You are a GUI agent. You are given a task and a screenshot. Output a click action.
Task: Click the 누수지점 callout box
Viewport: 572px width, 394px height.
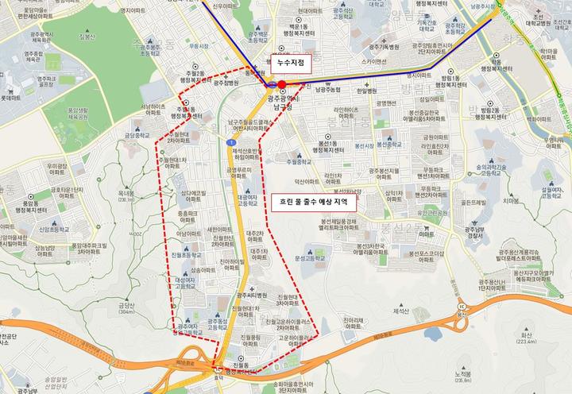[289, 61]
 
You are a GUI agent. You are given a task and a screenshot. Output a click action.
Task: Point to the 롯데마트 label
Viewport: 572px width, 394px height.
[11, 98]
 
